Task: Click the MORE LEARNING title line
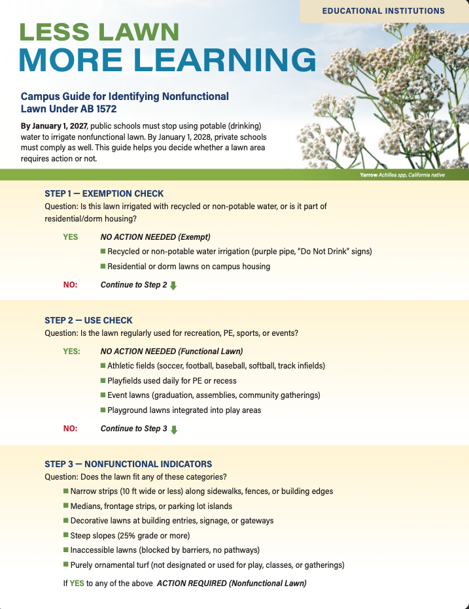(x=167, y=61)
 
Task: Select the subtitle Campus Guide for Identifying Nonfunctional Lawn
(x=125, y=102)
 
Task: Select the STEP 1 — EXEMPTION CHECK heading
(x=104, y=193)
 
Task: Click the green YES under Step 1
(x=70, y=237)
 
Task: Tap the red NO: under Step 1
(x=70, y=285)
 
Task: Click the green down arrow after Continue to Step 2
(x=173, y=286)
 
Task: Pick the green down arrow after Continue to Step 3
(x=173, y=429)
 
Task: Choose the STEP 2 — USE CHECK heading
(x=88, y=320)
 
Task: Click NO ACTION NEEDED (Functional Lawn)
(x=171, y=351)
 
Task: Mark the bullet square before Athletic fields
(x=103, y=365)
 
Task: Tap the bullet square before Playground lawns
(x=103, y=410)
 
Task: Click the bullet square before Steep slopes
(x=66, y=535)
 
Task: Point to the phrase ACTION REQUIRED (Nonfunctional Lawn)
(x=232, y=583)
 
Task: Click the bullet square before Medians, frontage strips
(x=66, y=505)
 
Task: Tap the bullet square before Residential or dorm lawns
(x=103, y=266)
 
